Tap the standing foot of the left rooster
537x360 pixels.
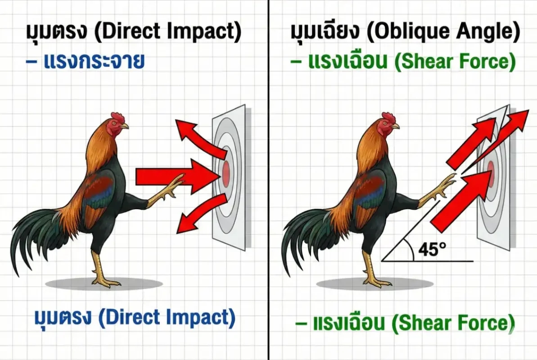pyautogui.click(x=106, y=282)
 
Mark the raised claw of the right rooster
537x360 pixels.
pyautogui.click(x=444, y=184)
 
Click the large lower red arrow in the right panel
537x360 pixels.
pyautogui.click(x=455, y=200)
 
